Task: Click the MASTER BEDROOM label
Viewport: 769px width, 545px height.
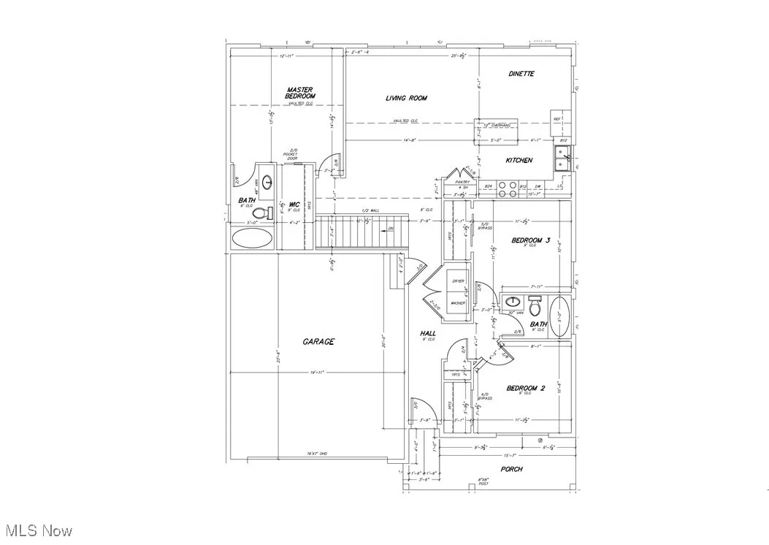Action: point(300,94)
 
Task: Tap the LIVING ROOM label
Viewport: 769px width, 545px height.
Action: point(406,98)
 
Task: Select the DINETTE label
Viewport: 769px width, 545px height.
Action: point(521,74)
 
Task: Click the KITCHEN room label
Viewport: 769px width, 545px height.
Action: point(519,160)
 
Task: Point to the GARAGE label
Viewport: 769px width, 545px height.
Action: point(318,341)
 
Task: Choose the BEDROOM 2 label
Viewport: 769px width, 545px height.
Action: point(527,388)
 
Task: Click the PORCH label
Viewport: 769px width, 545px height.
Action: point(511,469)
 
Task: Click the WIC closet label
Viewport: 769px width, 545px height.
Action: point(294,204)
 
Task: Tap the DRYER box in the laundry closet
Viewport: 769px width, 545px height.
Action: point(459,281)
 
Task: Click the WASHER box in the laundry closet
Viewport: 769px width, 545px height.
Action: point(458,302)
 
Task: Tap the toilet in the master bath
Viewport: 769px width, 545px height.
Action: point(270,213)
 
